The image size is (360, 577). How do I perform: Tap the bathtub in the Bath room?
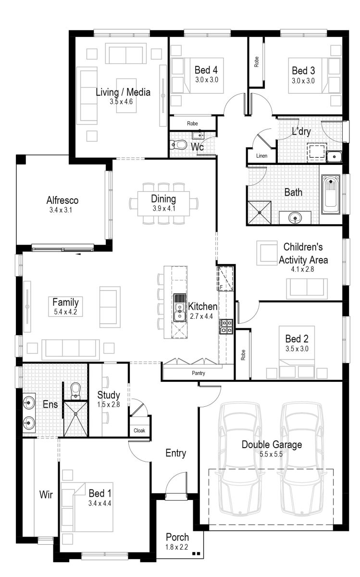(x=331, y=194)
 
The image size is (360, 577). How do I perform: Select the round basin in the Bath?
(x=295, y=218)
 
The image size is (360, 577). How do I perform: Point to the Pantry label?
(x=191, y=373)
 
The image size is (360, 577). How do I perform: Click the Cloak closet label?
(x=139, y=431)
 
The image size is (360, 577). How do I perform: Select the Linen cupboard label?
(x=261, y=156)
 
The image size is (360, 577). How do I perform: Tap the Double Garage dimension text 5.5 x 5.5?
(x=272, y=454)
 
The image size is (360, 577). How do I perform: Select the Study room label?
(x=109, y=395)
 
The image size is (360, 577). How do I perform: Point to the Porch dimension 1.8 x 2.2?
(x=177, y=547)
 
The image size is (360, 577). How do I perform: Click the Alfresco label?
(x=62, y=200)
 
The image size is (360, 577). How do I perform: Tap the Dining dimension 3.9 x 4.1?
(x=163, y=208)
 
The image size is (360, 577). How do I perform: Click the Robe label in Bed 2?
(x=243, y=355)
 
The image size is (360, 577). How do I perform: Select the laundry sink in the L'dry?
(x=334, y=156)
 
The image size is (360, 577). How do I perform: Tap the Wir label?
(x=46, y=494)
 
